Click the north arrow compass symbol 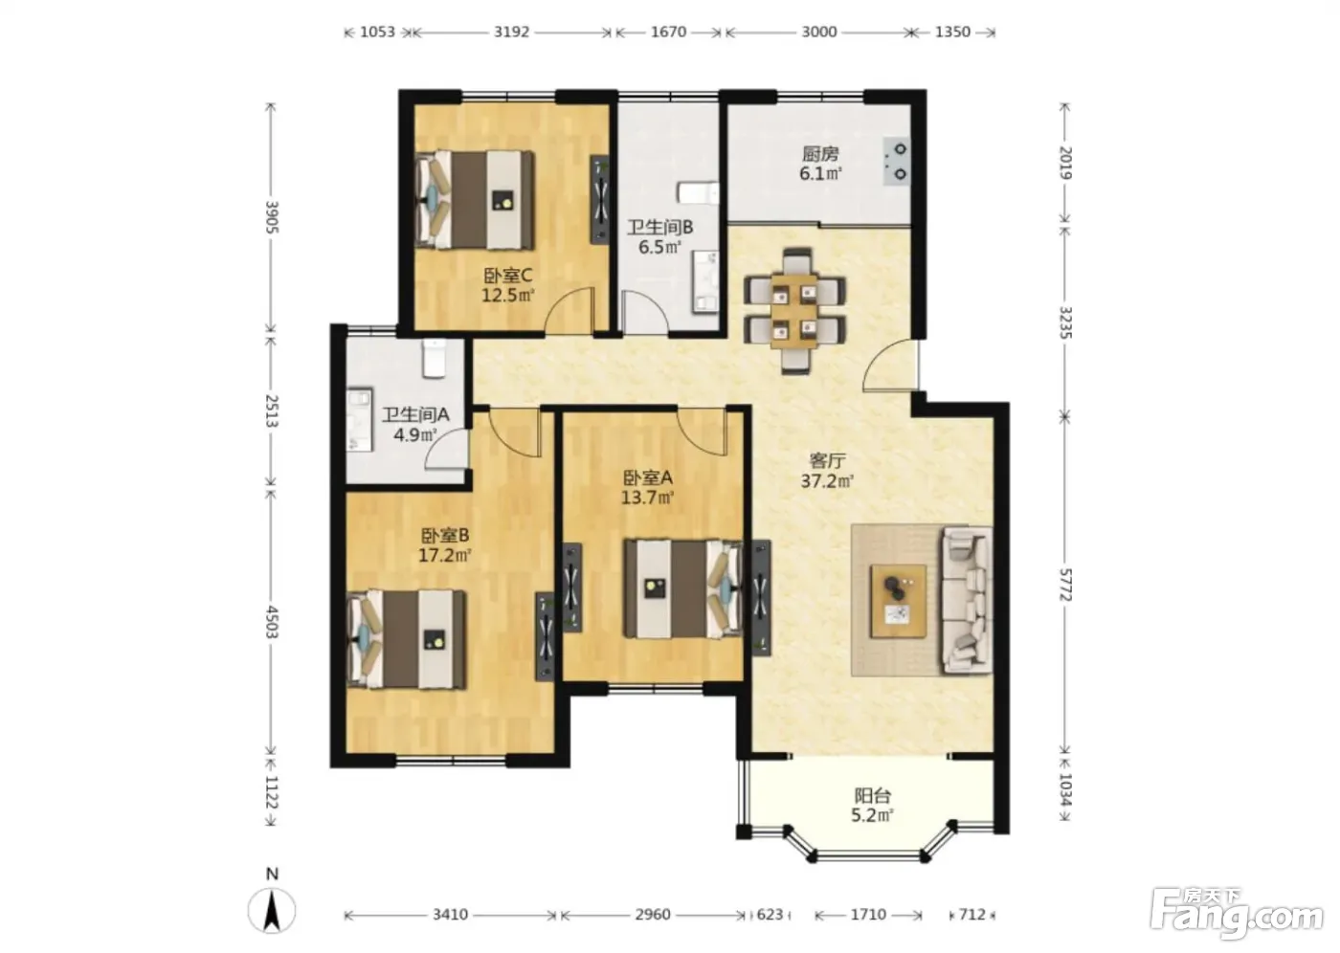(272, 911)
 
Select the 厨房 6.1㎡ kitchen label (821, 164)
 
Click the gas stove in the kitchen (896, 162)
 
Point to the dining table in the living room (794, 311)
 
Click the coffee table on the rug (899, 601)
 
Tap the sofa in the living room (967, 601)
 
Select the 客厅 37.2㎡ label (827, 471)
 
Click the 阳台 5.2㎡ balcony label (873, 806)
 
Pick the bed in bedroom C (475, 200)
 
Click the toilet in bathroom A (435, 358)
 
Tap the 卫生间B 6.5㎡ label (659, 236)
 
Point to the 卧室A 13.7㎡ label (648, 487)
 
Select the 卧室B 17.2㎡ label (444, 545)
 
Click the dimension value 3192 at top (511, 32)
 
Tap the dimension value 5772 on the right (1065, 585)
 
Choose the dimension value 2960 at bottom (653, 915)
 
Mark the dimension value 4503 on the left (272, 622)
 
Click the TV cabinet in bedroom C (600, 200)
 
